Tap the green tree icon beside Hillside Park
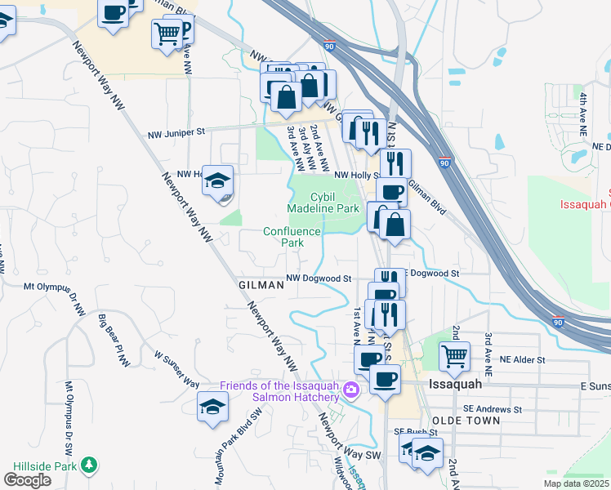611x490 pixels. pyautogui.click(x=87, y=465)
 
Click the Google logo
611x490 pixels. pyautogui.click(x=27, y=480)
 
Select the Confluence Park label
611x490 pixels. pyautogui.click(x=292, y=237)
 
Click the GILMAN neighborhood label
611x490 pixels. pyautogui.click(x=261, y=285)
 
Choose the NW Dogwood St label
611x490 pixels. pyautogui.click(x=318, y=278)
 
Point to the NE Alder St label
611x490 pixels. pyautogui.click(x=517, y=359)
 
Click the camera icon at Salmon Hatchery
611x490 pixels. pyautogui.click(x=352, y=388)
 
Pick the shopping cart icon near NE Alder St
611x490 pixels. pyautogui.click(x=454, y=355)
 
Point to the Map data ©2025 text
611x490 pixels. pyautogui.click(x=576, y=483)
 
